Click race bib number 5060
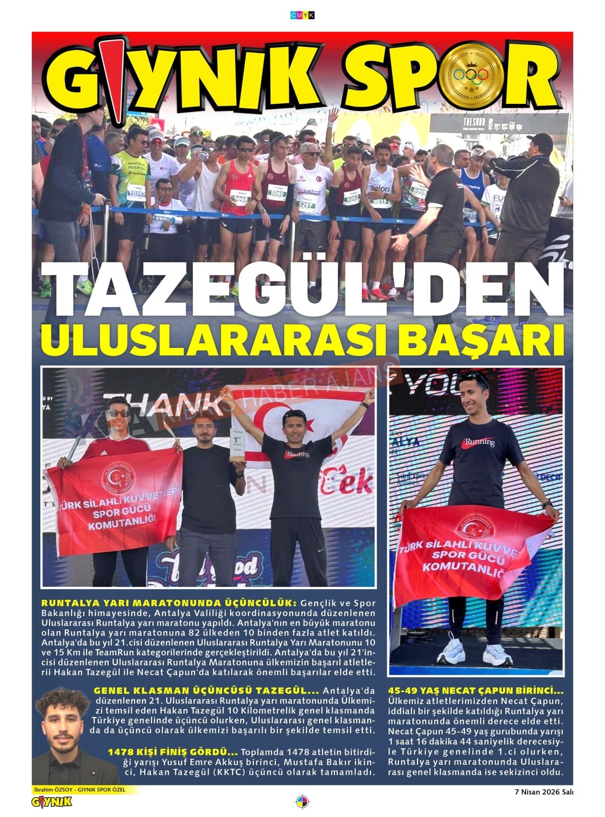pyautogui.click(x=277, y=193)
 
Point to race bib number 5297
pyautogui.click(x=306, y=205)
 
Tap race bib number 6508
pyautogui.click(x=419, y=190)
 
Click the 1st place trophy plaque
pyautogui.click(x=238, y=445)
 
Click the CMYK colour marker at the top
pyautogui.click(x=303, y=15)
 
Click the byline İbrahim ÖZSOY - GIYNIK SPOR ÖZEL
pyautogui.click(x=79, y=790)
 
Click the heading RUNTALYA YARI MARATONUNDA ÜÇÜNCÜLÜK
pyautogui.click(x=168, y=603)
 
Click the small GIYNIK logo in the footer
pyautogui.click(x=51, y=801)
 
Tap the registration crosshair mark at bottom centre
pyautogui.click(x=302, y=802)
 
